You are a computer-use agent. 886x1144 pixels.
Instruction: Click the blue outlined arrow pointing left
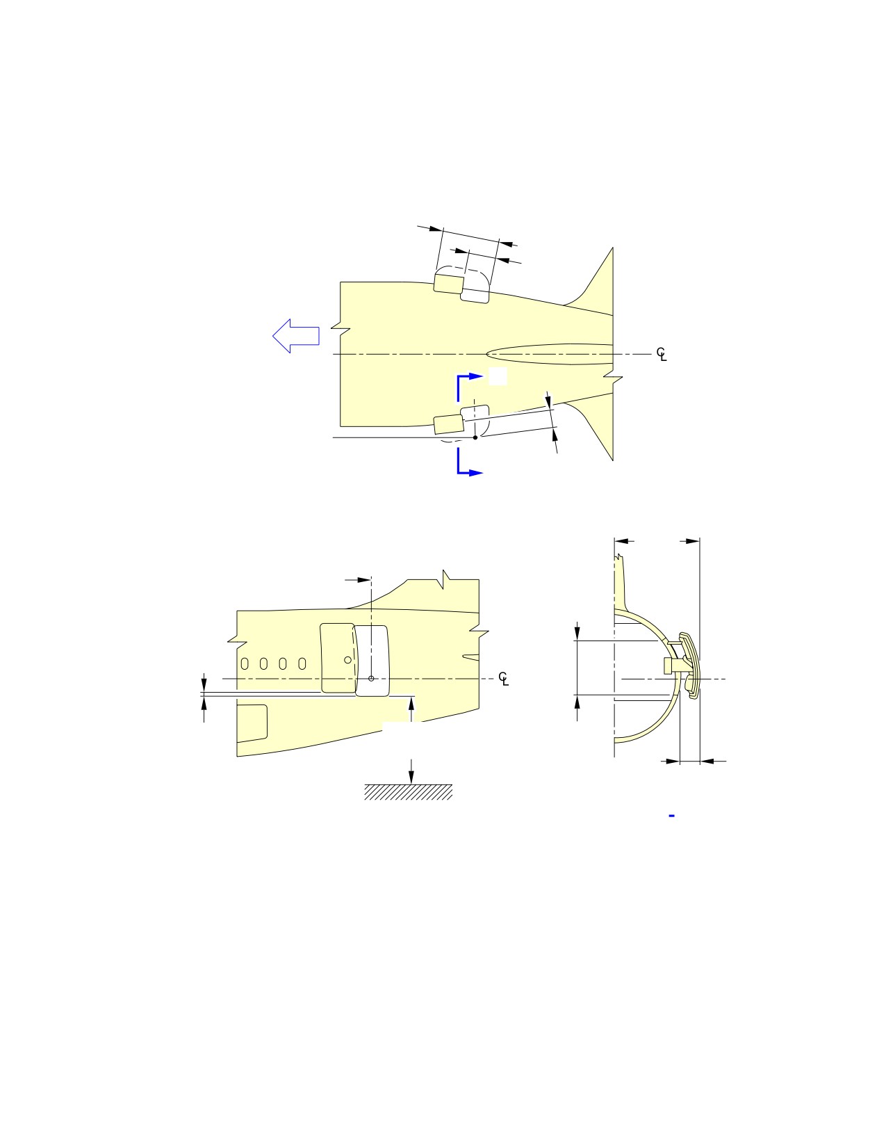pyautogui.click(x=295, y=336)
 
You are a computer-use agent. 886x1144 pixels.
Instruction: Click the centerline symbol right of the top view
pyautogui.click(x=662, y=354)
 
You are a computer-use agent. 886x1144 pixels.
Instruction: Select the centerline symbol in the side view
pyautogui.click(x=504, y=679)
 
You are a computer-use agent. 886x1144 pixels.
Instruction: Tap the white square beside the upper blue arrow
pyautogui.click(x=498, y=376)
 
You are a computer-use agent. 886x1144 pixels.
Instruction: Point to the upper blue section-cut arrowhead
pyautogui.click(x=476, y=376)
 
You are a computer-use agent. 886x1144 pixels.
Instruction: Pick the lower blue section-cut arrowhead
pyautogui.click(x=476, y=473)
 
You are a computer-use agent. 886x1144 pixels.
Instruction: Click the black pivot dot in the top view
pyautogui.click(x=475, y=437)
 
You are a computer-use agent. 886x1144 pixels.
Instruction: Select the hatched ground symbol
pyautogui.click(x=409, y=792)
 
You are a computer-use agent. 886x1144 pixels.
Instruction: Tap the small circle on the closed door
pyautogui.click(x=347, y=660)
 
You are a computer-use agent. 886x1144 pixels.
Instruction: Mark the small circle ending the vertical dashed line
pyautogui.click(x=371, y=679)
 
